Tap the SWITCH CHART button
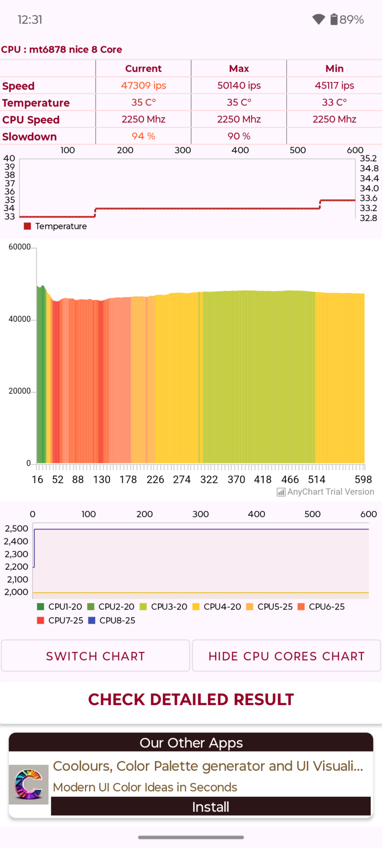click(x=95, y=656)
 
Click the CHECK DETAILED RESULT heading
click(x=191, y=700)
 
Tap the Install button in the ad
click(x=210, y=807)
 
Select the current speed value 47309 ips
click(x=143, y=85)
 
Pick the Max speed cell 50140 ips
click(x=239, y=85)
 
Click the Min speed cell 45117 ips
click(x=334, y=85)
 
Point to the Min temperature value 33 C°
click(x=334, y=102)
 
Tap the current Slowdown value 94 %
click(x=143, y=136)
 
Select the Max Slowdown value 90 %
click(x=239, y=136)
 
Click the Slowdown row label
click(x=30, y=137)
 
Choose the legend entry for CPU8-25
click(x=112, y=620)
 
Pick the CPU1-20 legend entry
click(x=60, y=607)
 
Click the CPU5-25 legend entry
click(x=270, y=607)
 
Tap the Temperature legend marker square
click(x=27, y=226)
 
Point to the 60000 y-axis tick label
click(x=20, y=247)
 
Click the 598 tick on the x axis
click(x=363, y=479)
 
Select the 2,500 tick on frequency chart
click(x=16, y=529)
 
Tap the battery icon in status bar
click(x=334, y=19)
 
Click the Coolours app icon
click(x=28, y=784)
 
